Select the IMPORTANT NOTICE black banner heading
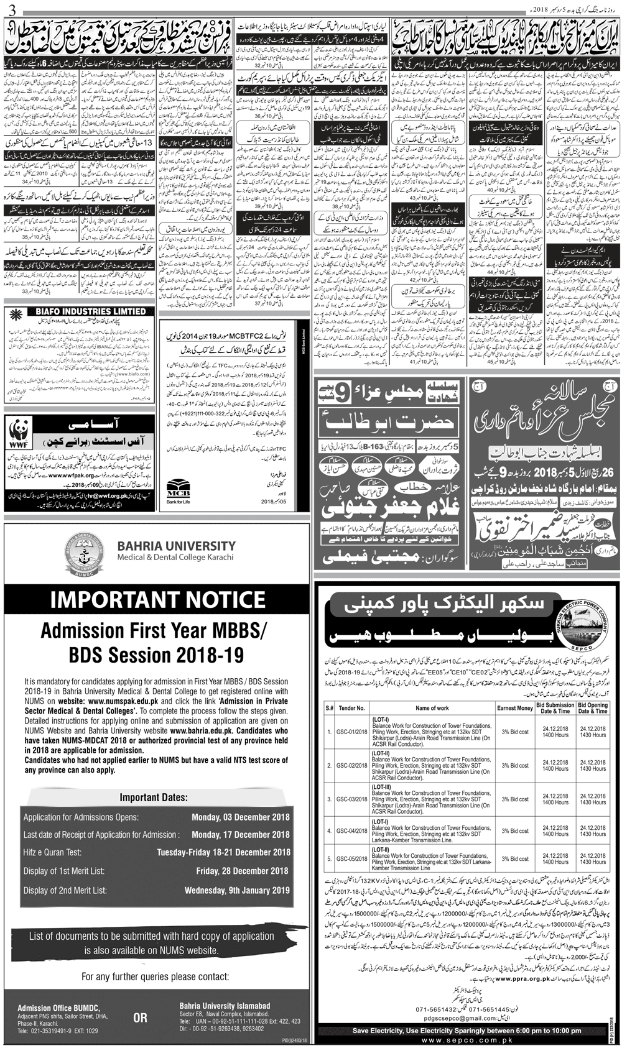(157, 600)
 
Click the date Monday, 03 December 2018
(241, 817)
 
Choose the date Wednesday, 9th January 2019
(237, 890)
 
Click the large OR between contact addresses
(141, 1018)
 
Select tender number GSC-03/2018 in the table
(352, 799)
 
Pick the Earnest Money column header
(515, 708)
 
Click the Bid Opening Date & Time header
(592, 708)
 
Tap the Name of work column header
(432, 708)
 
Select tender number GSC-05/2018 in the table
(352, 858)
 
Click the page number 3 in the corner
(6, 9)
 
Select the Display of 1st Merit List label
(67, 871)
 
